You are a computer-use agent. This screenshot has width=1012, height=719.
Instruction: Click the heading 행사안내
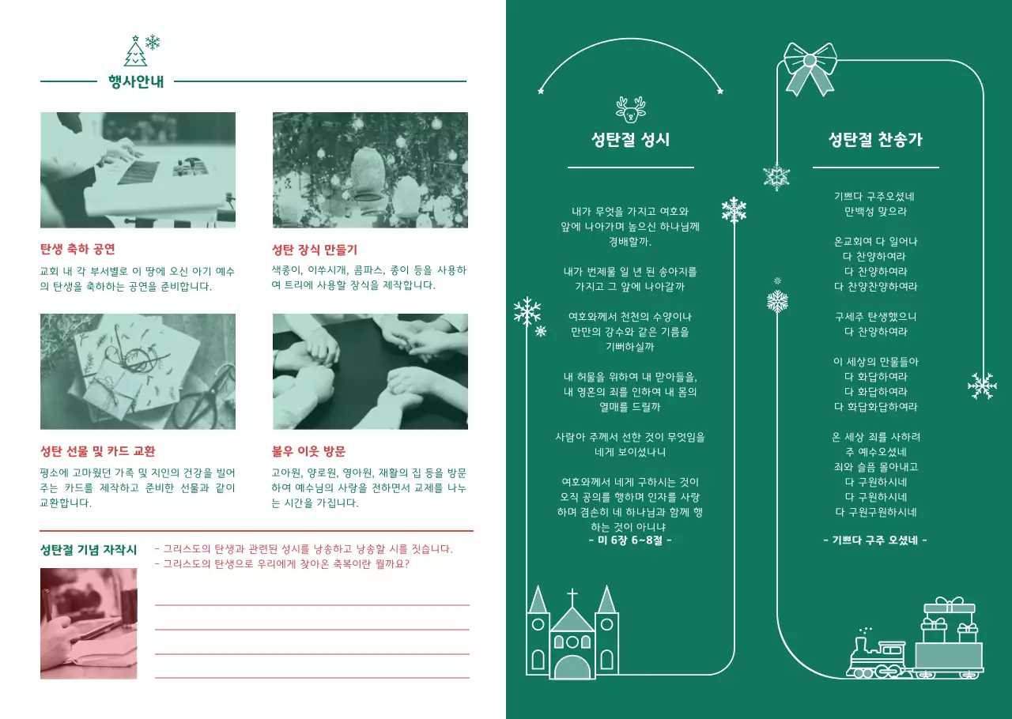[135, 81]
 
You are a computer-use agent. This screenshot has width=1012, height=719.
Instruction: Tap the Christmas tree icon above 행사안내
[135, 52]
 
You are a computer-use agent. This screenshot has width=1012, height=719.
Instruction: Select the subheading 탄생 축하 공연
[77, 250]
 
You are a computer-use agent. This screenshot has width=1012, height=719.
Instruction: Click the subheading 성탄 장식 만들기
[314, 250]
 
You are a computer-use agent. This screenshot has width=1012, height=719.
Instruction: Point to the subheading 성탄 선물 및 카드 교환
[97, 452]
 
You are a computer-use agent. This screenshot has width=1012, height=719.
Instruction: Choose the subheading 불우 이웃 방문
[308, 452]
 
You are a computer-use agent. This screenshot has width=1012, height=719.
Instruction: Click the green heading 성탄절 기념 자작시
[89, 549]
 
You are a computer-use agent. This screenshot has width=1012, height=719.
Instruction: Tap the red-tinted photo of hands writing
[89, 623]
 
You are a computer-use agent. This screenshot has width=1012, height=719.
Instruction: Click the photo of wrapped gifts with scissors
[138, 371]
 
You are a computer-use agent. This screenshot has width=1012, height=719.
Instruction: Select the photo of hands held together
[370, 371]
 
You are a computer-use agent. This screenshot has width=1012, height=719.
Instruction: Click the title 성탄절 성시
[630, 140]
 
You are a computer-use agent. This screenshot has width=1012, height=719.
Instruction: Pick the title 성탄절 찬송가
[875, 140]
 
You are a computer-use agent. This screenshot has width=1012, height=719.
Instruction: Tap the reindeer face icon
[630, 109]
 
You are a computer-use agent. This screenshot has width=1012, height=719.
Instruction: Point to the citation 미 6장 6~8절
[630, 540]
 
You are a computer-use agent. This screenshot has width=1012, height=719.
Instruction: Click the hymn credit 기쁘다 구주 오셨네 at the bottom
[875, 540]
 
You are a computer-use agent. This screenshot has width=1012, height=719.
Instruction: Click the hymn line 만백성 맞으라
[875, 212]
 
